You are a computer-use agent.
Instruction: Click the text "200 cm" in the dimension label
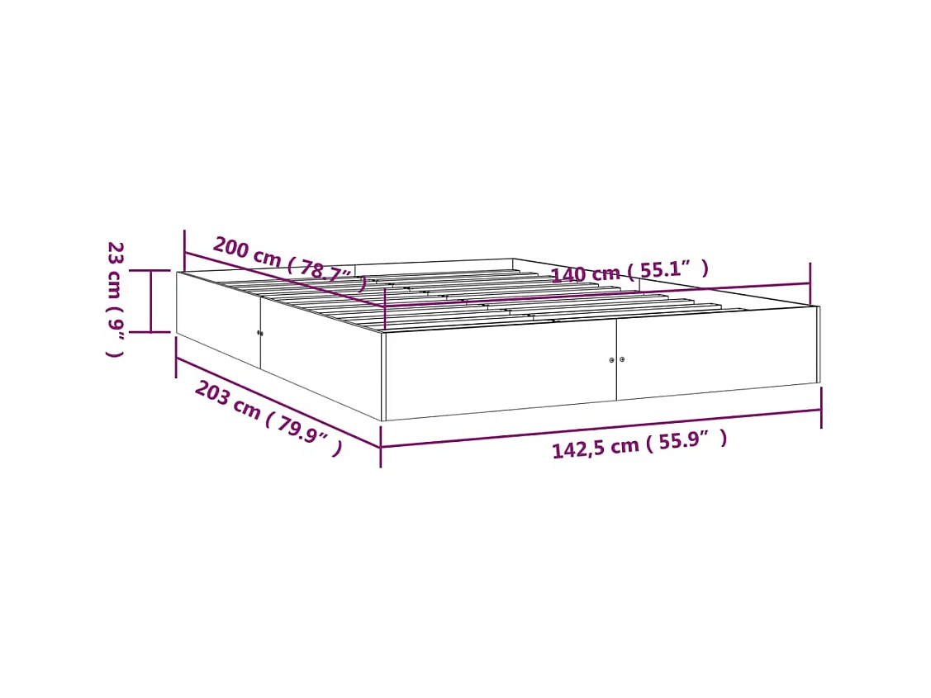coord(246,251)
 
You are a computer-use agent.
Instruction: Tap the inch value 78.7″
coord(327,272)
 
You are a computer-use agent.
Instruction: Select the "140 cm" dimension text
coord(585,273)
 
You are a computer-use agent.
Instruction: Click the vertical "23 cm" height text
coord(115,270)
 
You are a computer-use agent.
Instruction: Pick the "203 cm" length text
coord(227,399)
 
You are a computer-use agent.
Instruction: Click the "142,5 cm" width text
coord(595,447)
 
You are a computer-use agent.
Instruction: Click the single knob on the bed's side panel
coord(259,333)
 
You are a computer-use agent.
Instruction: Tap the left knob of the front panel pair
coord(611,360)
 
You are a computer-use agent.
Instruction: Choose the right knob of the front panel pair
coord(622,359)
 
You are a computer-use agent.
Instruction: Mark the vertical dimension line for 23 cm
coord(151,301)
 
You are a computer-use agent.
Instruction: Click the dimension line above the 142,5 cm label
coord(601,428)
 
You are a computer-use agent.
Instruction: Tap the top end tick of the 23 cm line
coord(151,270)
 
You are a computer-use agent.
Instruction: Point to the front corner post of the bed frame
coord(382,376)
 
